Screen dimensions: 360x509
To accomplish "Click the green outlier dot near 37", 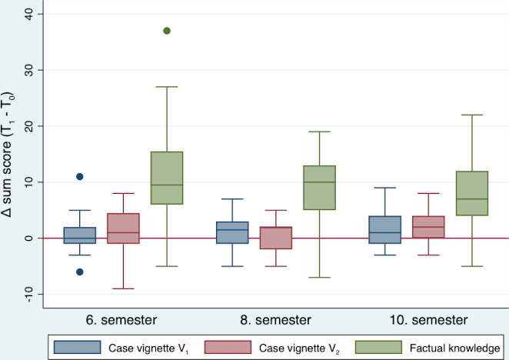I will (x=167, y=31).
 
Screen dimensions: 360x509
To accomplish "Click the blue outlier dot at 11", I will (x=79, y=177).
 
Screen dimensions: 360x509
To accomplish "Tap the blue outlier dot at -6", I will (x=79, y=272).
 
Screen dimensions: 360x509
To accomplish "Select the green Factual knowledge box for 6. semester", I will (x=167, y=178).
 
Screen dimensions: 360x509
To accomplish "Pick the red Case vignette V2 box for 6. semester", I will (x=123, y=228).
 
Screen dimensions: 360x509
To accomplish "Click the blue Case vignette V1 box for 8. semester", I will (x=232, y=232).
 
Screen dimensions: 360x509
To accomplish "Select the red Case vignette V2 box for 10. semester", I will (x=428, y=227).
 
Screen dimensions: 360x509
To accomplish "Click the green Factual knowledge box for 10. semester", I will (x=472, y=193).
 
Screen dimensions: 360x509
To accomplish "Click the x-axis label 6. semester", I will (x=123, y=318).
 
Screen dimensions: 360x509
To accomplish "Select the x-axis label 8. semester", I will (x=276, y=318).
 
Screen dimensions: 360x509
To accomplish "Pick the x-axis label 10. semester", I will (x=428, y=318).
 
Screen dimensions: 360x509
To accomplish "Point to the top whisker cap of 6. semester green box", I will (x=167, y=87).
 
